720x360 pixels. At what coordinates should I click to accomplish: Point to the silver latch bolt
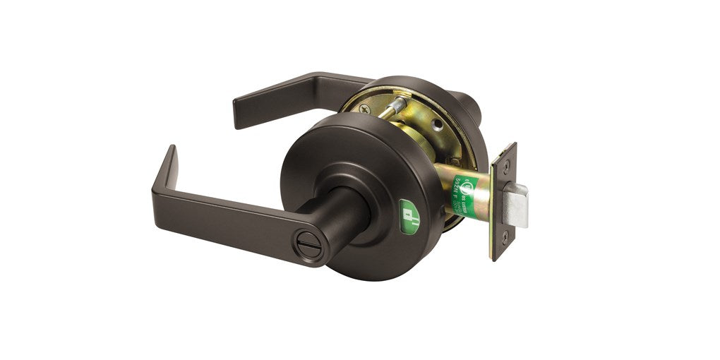tap(517, 205)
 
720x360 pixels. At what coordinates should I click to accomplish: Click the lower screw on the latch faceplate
tap(503, 240)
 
